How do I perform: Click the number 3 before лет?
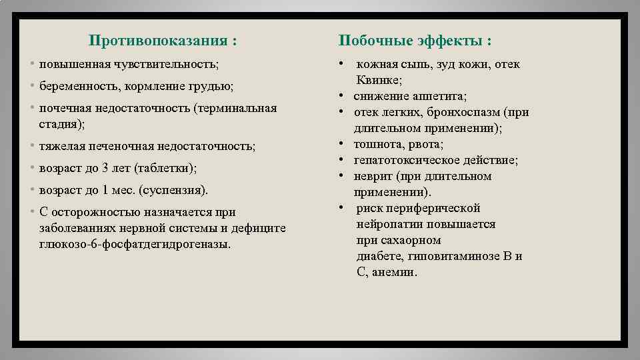pos(105,168)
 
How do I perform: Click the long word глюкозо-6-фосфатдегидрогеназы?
pos(135,244)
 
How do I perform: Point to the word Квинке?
pos(379,80)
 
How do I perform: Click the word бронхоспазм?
pos(464,112)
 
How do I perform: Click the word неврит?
pos(371,176)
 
